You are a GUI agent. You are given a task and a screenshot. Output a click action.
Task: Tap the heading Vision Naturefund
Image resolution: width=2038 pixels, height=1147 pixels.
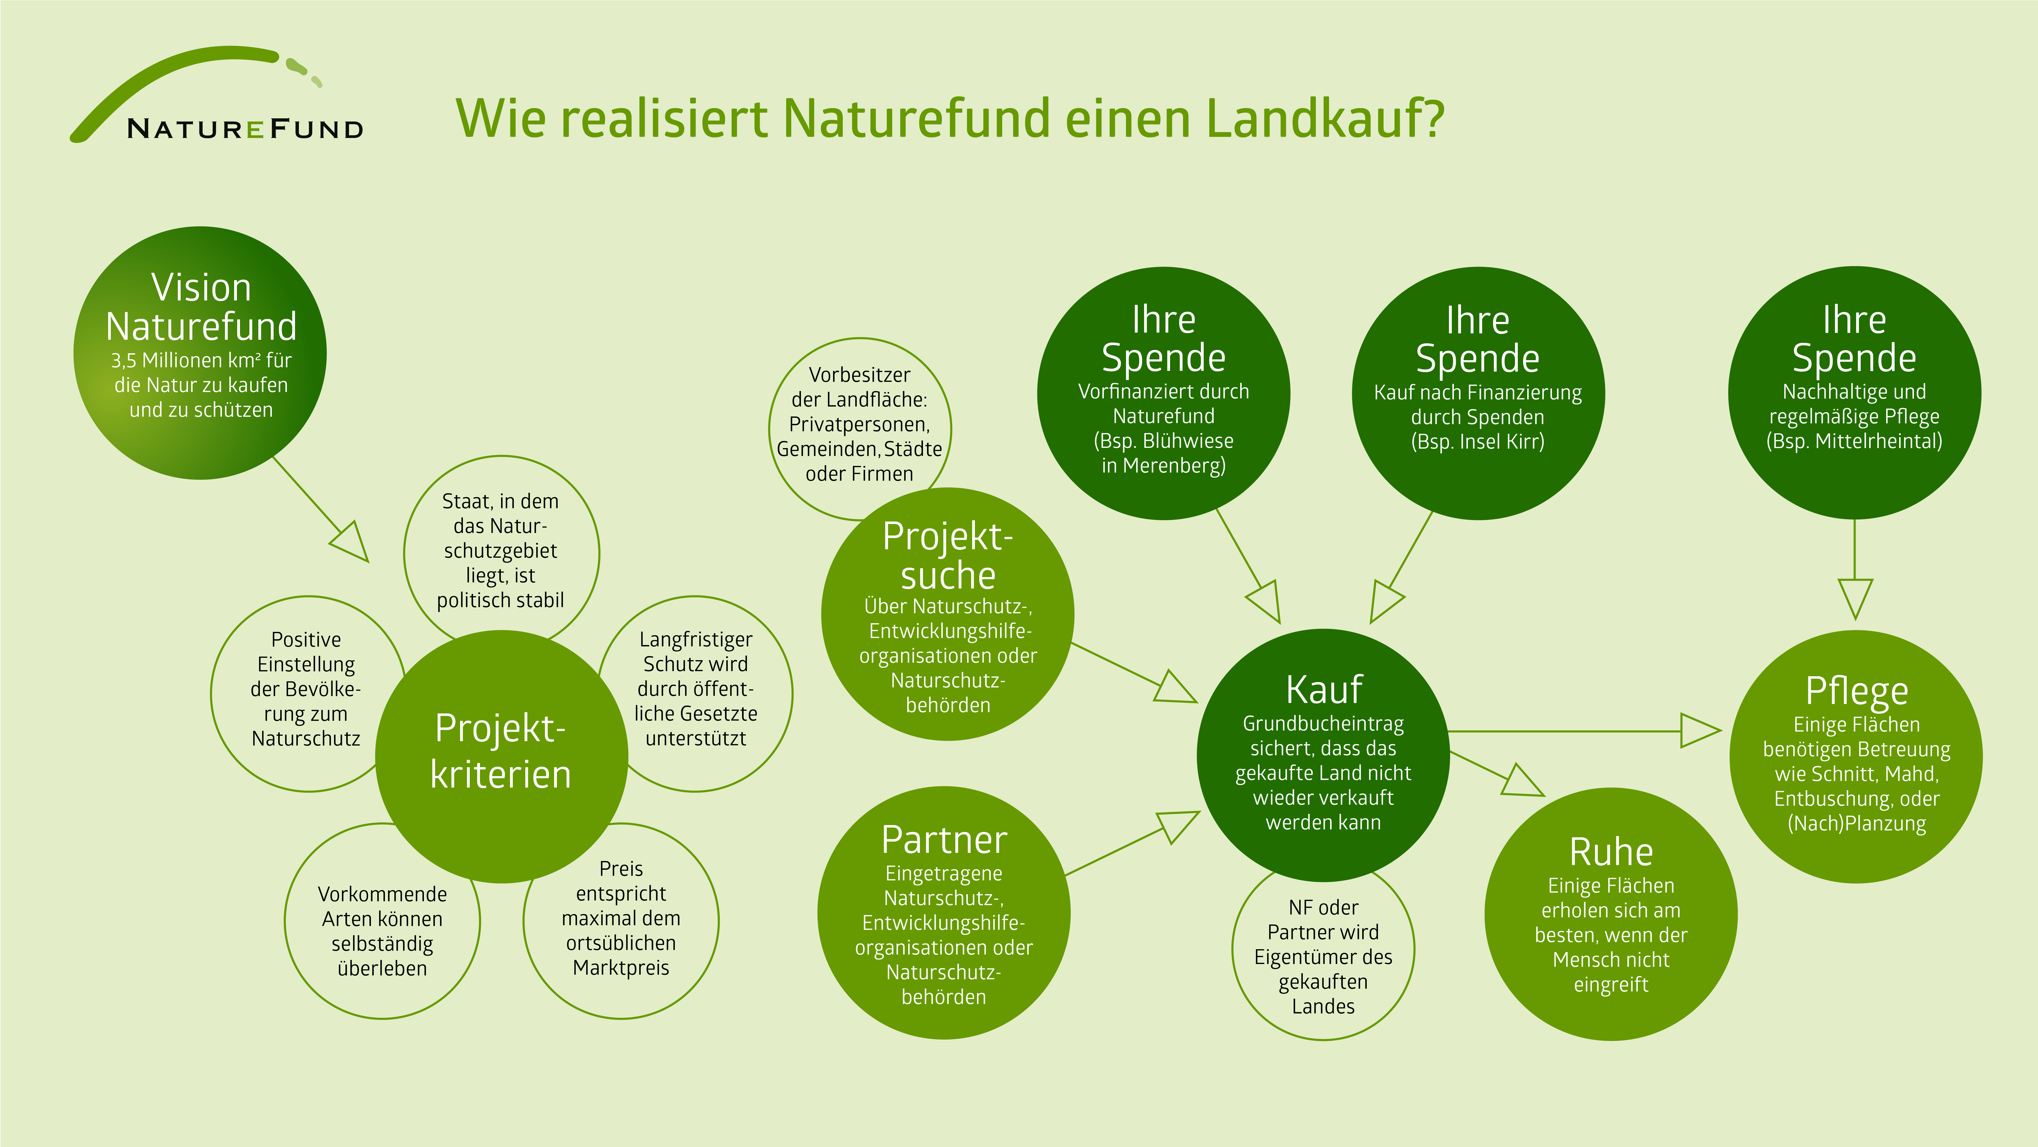click(x=201, y=306)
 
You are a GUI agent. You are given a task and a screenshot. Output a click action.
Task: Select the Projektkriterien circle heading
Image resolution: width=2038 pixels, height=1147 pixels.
click(x=500, y=750)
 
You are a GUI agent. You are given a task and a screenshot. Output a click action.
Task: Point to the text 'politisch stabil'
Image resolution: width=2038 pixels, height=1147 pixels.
click(x=500, y=600)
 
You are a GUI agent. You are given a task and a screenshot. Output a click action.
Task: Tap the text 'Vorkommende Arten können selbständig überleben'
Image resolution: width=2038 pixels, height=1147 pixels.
click(x=382, y=931)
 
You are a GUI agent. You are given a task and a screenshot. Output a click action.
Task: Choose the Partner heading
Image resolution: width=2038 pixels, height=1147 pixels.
click(x=944, y=840)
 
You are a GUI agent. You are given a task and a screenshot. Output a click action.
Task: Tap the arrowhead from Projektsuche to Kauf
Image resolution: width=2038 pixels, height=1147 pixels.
click(x=1176, y=687)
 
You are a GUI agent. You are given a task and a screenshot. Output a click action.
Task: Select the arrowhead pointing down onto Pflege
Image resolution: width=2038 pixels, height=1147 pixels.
click(x=1855, y=598)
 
